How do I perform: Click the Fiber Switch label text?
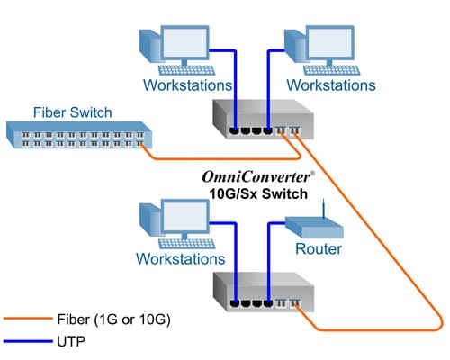[x=72, y=112]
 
